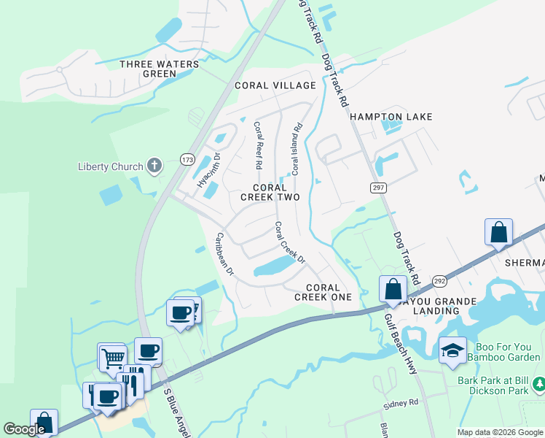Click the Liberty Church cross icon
click(x=154, y=166)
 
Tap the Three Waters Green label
click(x=159, y=69)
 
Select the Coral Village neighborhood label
click(x=275, y=85)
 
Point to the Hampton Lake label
click(x=391, y=117)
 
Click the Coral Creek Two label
click(x=270, y=193)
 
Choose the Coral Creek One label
click(x=323, y=292)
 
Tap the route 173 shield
click(x=188, y=158)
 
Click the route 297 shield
click(x=378, y=188)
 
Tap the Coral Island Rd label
click(x=297, y=149)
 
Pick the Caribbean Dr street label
click(x=224, y=254)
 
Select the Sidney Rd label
click(x=401, y=403)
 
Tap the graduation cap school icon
click(x=452, y=351)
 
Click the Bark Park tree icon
click(x=538, y=383)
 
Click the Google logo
click(x=24, y=429)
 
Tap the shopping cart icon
click(x=113, y=358)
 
